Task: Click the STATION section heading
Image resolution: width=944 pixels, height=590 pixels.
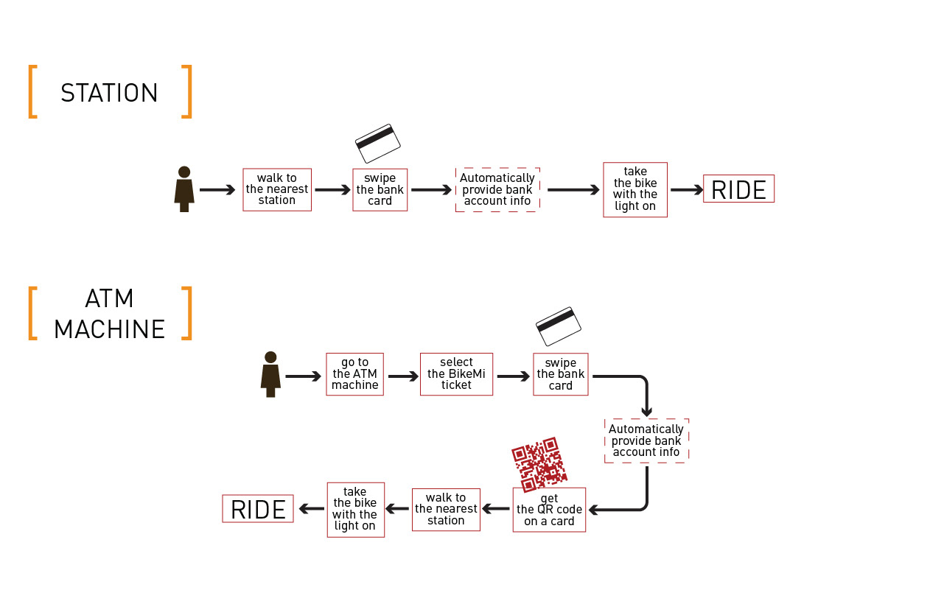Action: (x=109, y=93)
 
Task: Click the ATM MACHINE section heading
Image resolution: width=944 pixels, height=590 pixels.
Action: (x=109, y=314)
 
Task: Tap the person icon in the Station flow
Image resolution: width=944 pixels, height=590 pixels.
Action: (x=184, y=189)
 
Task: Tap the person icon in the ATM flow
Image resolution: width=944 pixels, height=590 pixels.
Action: (x=270, y=374)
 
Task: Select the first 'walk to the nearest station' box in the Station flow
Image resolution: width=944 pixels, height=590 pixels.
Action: (x=277, y=189)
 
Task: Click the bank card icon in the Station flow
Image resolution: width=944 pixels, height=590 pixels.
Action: (x=378, y=143)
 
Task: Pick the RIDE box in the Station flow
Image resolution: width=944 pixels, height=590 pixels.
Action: (x=738, y=189)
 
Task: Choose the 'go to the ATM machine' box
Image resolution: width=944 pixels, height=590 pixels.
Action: (x=354, y=374)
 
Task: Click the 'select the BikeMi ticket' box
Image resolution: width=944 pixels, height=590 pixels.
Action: (x=456, y=374)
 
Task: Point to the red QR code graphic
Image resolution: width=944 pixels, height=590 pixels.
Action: (x=539, y=464)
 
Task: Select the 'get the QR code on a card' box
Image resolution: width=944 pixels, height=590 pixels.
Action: (x=549, y=510)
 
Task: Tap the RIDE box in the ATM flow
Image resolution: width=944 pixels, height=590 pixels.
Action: (x=258, y=509)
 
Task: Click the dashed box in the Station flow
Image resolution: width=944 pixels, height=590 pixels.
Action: (x=497, y=189)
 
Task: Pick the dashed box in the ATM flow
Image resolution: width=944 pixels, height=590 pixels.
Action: (x=646, y=440)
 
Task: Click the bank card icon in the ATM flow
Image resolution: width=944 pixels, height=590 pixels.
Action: (x=559, y=326)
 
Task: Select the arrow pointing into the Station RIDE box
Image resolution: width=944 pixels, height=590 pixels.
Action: (x=686, y=190)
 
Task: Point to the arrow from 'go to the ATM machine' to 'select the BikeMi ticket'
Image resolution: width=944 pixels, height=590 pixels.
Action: (x=402, y=376)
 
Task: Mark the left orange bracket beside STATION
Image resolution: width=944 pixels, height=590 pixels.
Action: (x=32, y=91)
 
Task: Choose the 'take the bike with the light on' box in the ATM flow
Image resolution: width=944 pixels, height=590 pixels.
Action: (x=355, y=509)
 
